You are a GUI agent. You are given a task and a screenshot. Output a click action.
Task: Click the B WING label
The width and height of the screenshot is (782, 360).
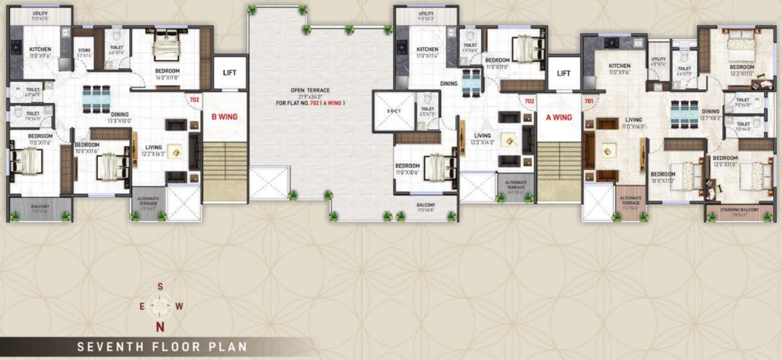pos(224,116)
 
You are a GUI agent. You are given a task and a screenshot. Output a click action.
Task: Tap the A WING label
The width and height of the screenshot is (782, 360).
pos(558,117)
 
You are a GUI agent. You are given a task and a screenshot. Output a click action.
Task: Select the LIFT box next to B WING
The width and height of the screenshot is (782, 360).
pos(229,73)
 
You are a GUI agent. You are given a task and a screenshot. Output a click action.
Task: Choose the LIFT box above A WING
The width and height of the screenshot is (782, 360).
pos(563,73)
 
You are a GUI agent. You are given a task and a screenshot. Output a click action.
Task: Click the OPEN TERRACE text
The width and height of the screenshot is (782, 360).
pos(310,90)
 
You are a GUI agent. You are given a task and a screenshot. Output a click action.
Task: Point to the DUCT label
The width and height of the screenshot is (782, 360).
pos(393,111)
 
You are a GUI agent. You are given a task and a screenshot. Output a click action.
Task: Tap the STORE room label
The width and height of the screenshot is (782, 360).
pos(84,50)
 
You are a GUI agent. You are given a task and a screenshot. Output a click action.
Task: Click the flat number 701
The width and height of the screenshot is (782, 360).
pos(588,100)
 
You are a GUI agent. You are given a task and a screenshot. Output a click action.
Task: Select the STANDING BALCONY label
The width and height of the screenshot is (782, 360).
pos(740,209)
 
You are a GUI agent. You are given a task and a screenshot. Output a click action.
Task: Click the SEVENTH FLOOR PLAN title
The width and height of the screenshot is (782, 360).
pos(162,347)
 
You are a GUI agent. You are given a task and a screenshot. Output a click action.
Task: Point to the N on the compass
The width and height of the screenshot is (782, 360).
pos(159,327)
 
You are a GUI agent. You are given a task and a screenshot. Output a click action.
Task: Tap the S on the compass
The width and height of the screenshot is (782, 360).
pos(160,287)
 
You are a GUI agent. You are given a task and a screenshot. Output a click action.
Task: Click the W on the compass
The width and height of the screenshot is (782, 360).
pos(180,306)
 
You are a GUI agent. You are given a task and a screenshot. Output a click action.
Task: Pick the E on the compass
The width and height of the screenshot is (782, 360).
pos(142,306)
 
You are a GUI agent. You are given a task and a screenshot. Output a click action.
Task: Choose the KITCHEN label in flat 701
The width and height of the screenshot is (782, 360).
pos(619,66)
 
